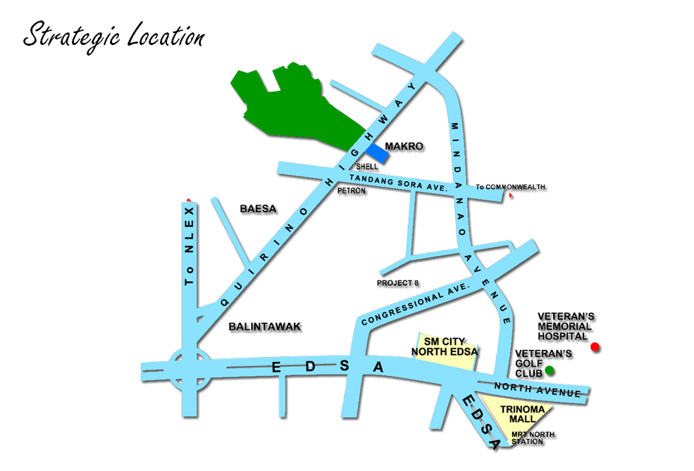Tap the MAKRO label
point(404,146)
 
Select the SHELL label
point(367,167)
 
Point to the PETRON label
point(352,191)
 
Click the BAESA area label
point(258,209)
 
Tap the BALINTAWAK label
point(265,327)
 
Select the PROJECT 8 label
point(397,283)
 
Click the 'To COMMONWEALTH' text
point(510,187)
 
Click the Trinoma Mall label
point(522,414)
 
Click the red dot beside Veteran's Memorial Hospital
point(595,346)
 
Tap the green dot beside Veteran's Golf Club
point(550,370)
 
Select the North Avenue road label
point(538,388)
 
